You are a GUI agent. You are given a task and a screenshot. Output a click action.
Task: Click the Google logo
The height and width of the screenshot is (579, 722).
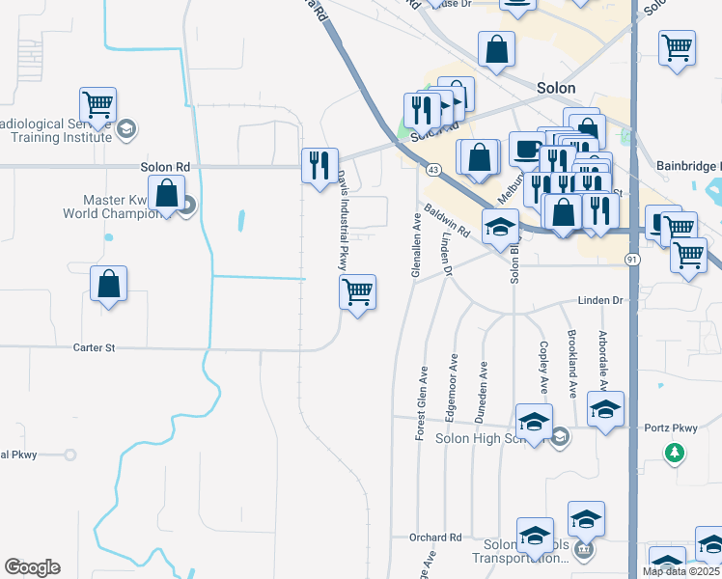pyautogui.click(x=32, y=567)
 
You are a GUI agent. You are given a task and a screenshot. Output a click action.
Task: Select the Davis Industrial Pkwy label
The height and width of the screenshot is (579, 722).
pyautogui.click(x=341, y=220)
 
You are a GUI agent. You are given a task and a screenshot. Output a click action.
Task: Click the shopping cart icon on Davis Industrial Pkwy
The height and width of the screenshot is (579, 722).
pyautogui.click(x=357, y=291)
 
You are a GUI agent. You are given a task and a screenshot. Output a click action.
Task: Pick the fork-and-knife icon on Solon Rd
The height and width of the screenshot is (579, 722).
pyautogui.click(x=319, y=165)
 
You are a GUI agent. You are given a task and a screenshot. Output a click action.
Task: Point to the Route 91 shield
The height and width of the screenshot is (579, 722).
pyautogui.click(x=631, y=260)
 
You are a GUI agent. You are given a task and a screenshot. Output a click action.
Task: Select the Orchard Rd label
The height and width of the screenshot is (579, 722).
pyautogui.click(x=435, y=538)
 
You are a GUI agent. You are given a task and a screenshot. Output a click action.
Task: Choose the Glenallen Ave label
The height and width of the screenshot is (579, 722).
pyautogui.click(x=417, y=246)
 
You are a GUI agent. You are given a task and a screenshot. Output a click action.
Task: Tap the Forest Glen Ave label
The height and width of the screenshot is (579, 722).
pyautogui.click(x=422, y=403)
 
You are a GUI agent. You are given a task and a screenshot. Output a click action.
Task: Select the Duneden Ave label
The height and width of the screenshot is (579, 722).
pyautogui.click(x=483, y=393)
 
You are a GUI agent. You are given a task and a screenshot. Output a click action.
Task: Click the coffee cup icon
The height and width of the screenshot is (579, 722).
pyautogui.click(x=526, y=149)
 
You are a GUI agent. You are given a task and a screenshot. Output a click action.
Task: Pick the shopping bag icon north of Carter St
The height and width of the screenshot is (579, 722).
pyautogui.click(x=108, y=285)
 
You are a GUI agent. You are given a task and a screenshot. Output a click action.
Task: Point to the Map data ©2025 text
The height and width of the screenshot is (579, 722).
pyautogui.click(x=680, y=570)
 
